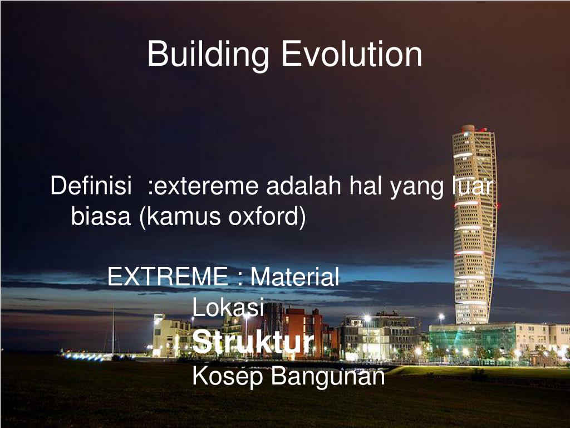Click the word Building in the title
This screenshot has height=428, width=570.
coord(209,55)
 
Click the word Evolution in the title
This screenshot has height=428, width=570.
coord(351,54)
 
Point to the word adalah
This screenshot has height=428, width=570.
coord(303,186)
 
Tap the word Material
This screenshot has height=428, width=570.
coord(294,277)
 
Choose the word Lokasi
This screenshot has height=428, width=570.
coord(228,308)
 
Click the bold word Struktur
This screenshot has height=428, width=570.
coord(253,342)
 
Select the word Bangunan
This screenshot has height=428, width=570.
coord(328,376)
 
